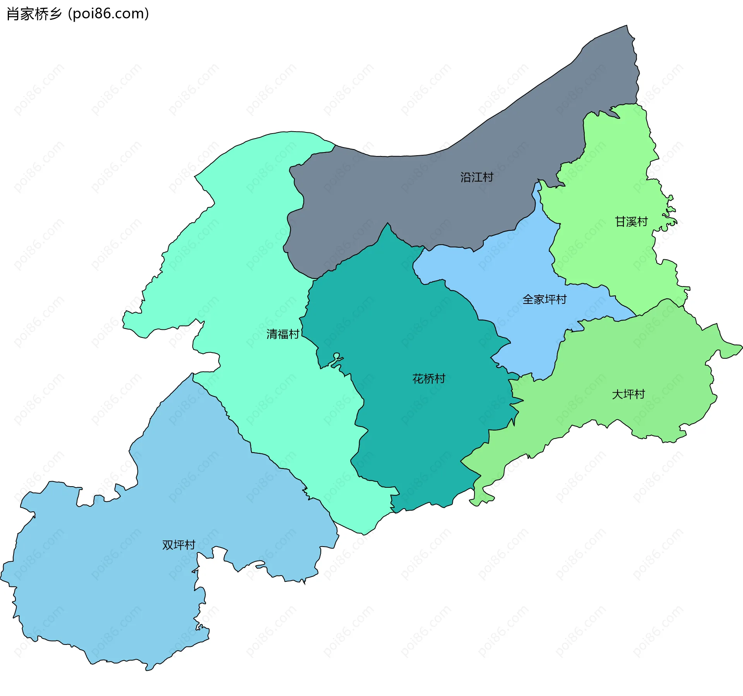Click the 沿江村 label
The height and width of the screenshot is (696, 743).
pos(477,177)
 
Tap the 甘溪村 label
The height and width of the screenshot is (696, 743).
pos(631,222)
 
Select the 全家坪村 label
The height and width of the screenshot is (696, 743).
pos(544,299)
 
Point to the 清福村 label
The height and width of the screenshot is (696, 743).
pos(283,334)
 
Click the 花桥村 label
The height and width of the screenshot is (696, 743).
pos(429,379)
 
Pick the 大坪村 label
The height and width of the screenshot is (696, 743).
pos(628,394)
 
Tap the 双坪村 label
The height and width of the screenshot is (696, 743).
pos(178,545)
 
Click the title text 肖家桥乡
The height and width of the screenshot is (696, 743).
pos(34,14)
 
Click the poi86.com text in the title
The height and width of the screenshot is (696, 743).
pos(108,14)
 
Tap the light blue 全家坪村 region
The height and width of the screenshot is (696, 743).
pos(515,271)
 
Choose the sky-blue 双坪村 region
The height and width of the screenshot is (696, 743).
pos(116,581)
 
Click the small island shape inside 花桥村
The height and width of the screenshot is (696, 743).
pos(337,356)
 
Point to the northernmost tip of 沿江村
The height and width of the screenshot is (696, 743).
pos(627,26)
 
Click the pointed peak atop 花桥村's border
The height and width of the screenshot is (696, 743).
pos(388,223)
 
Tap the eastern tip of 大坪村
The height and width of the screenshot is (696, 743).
pos(741,347)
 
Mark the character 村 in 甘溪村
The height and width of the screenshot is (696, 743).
pos(642,222)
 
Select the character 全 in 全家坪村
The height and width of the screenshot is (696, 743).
pos(528,299)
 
